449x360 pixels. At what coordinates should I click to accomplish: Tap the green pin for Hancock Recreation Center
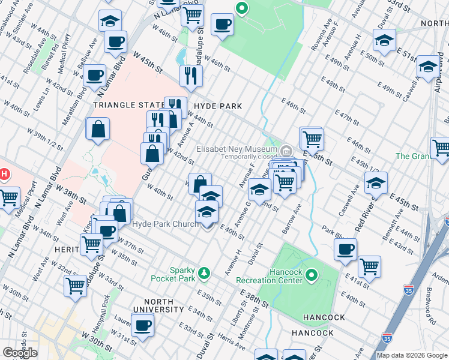(x=311, y=275)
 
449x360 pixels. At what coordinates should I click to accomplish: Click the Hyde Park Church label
(x=165, y=224)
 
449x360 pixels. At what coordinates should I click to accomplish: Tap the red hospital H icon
(x=3, y=175)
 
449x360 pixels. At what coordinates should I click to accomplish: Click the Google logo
(x=19, y=353)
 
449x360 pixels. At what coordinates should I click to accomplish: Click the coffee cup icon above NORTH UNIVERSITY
(x=143, y=325)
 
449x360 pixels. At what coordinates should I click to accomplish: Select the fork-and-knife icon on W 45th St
(x=191, y=76)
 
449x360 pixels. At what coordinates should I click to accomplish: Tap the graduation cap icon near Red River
(x=376, y=182)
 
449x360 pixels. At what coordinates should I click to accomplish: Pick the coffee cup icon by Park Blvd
(x=345, y=249)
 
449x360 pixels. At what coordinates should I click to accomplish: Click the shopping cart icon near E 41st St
(x=369, y=266)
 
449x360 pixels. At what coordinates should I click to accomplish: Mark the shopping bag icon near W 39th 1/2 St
(x=98, y=128)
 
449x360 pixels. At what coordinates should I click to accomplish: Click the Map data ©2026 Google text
(x=412, y=355)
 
